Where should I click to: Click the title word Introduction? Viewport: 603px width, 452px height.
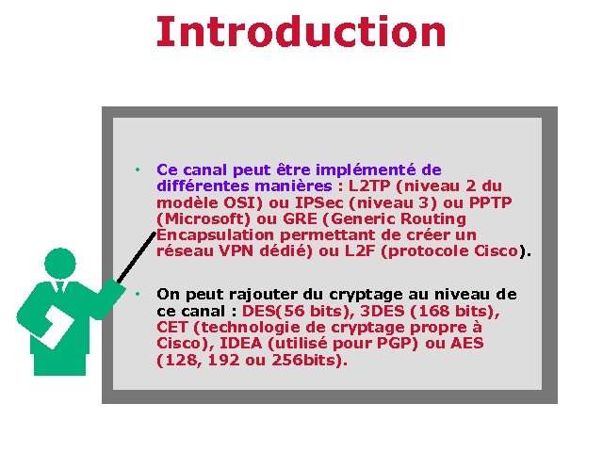coord(301,31)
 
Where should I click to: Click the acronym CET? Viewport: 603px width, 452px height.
coord(174,327)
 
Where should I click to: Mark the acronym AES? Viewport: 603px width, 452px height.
coord(464,343)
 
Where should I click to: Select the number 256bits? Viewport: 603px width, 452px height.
coord(306,359)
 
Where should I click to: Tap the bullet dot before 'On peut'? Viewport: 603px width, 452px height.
coord(137,295)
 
